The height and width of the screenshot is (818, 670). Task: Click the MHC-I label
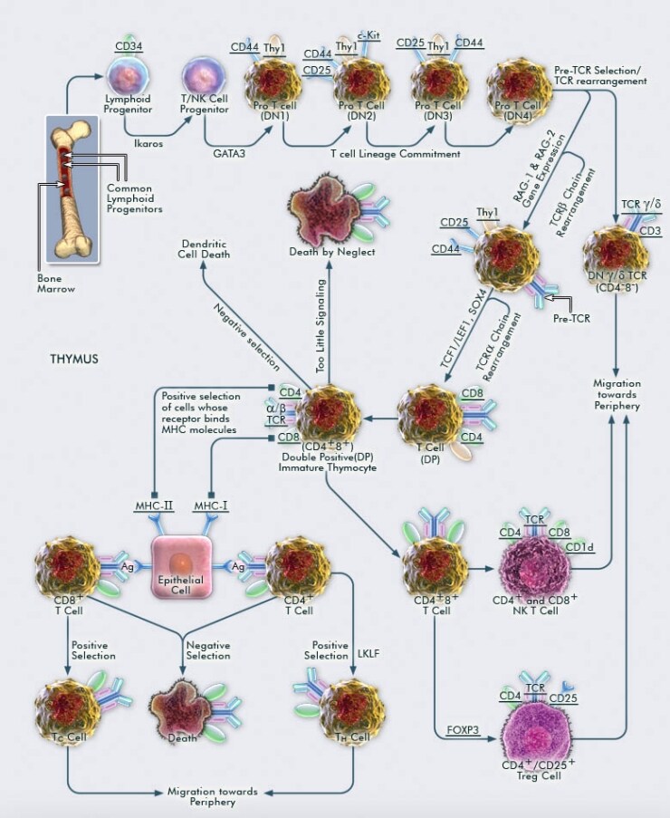pyautogui.click(x=211, y=505)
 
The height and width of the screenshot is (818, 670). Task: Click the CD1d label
pyautogui.click(x=579, y=546)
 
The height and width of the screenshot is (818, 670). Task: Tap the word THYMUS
pyautogui.click(x=74, y=359)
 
